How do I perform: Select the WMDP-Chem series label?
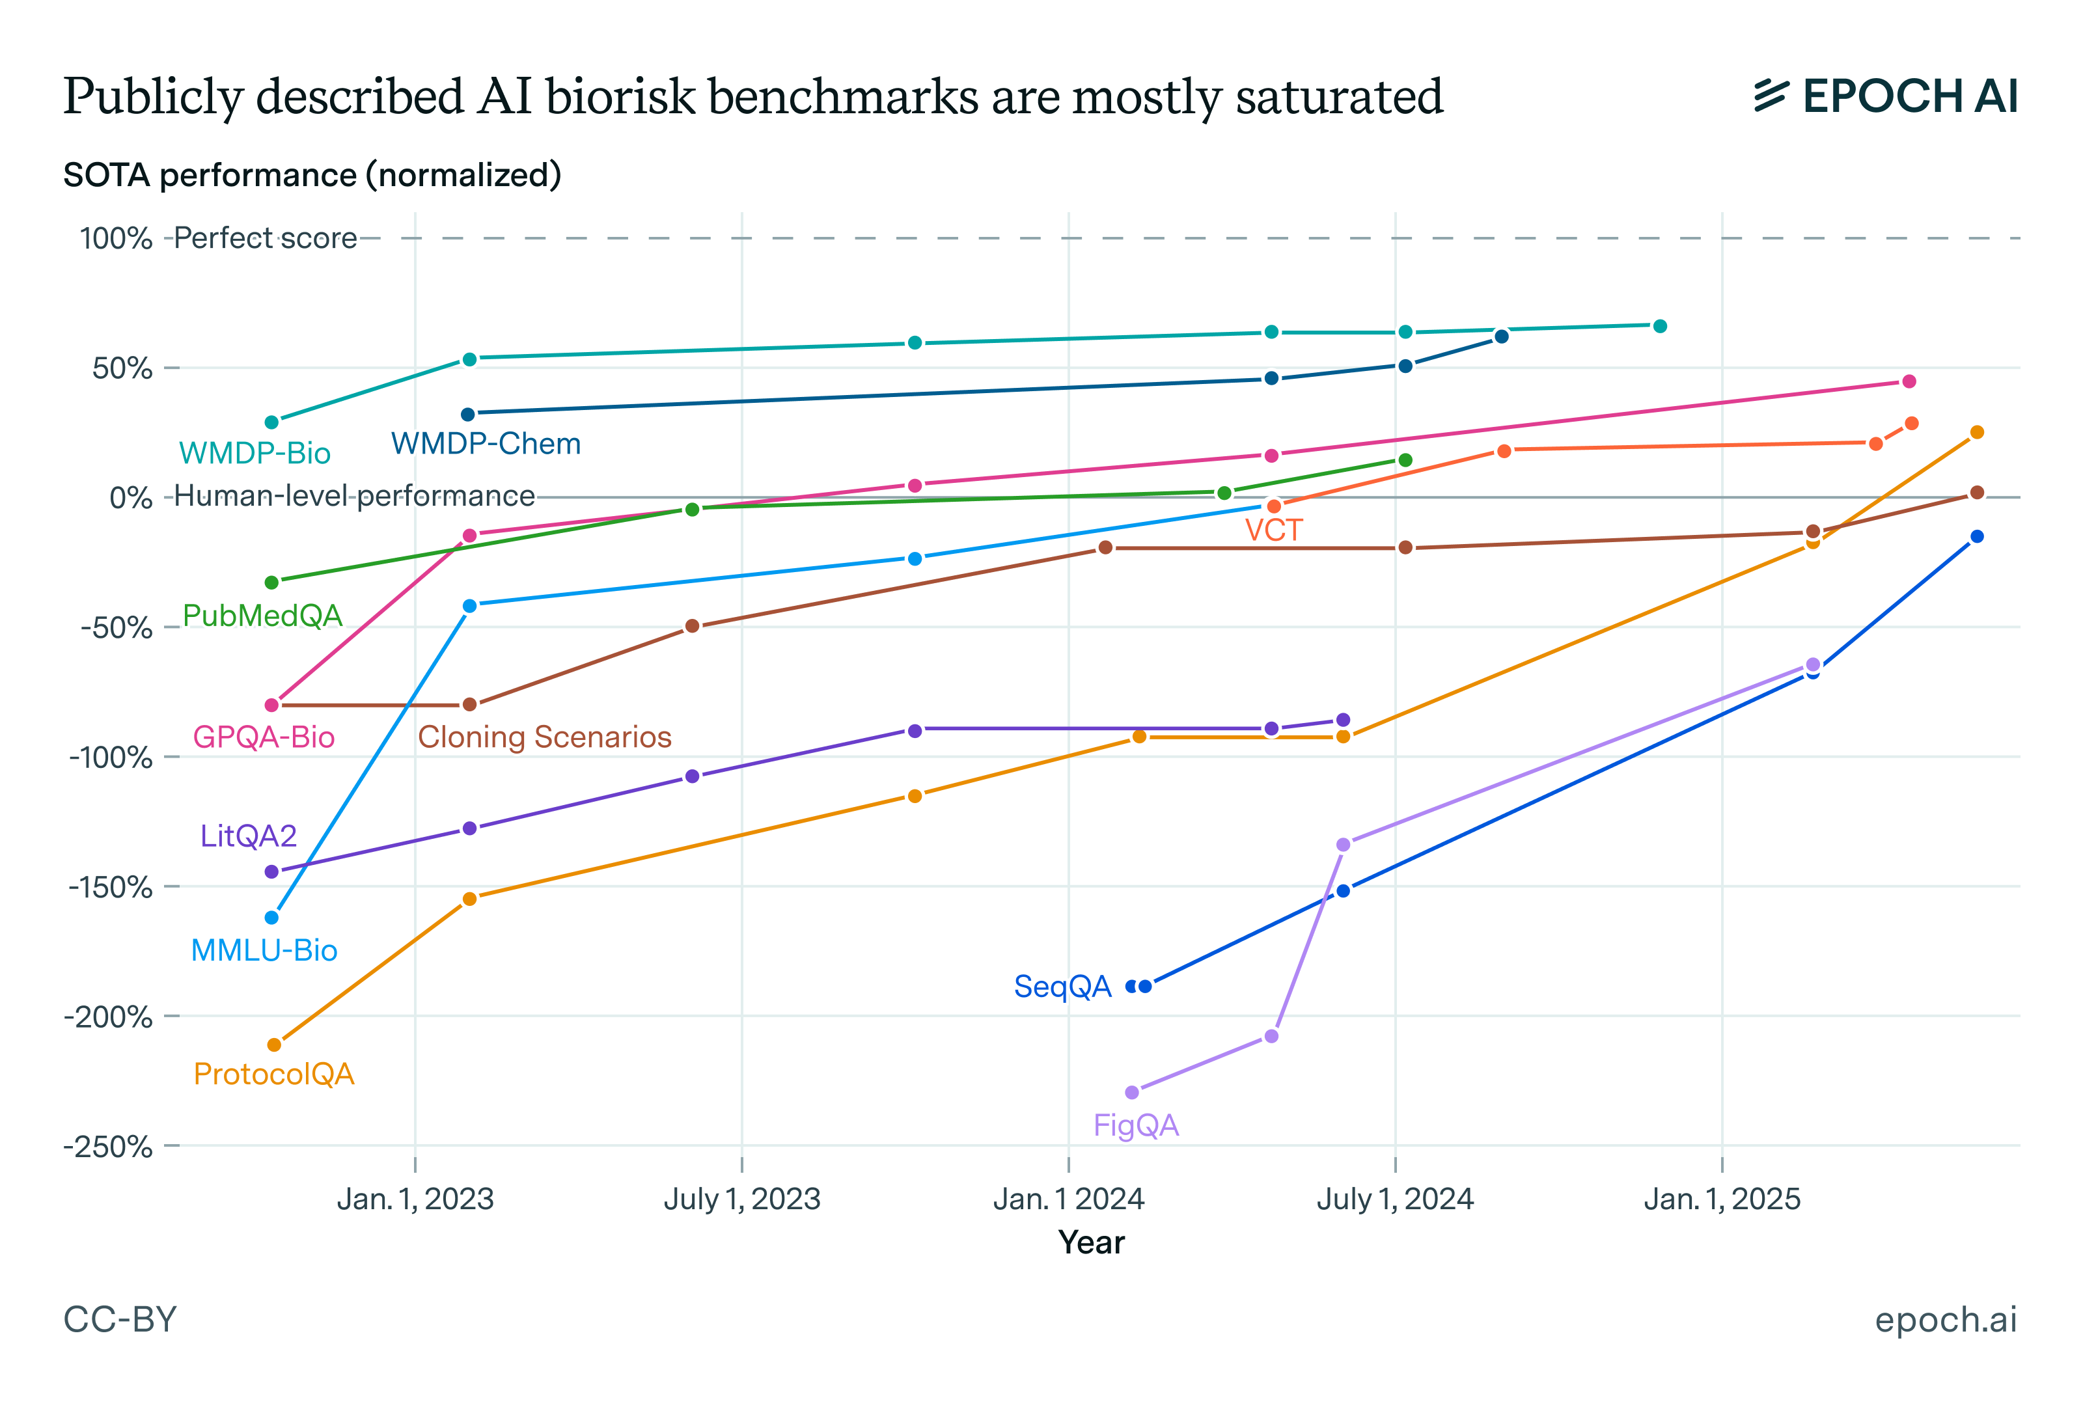(486, 444)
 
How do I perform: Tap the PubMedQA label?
(262, 616)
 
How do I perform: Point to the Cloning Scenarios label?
(544, 737)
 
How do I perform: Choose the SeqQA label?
(1062, 986)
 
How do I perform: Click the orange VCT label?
(1273, 530)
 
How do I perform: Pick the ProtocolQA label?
(274, 1074)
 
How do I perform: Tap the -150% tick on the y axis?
(110, 887)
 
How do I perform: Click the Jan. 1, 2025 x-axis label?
(1721, 1199)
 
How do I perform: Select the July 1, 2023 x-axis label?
(741, 1199)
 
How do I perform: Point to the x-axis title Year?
(1091, 1242)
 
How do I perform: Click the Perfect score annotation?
(266, 238)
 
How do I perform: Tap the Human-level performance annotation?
(354, 496)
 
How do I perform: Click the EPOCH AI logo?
(1886, 96)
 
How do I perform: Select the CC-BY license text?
(120, 1319)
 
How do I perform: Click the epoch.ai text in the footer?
(1945, 1319)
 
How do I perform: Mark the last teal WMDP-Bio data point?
(1659, 326)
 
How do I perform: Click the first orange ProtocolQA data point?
(274, 1045)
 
